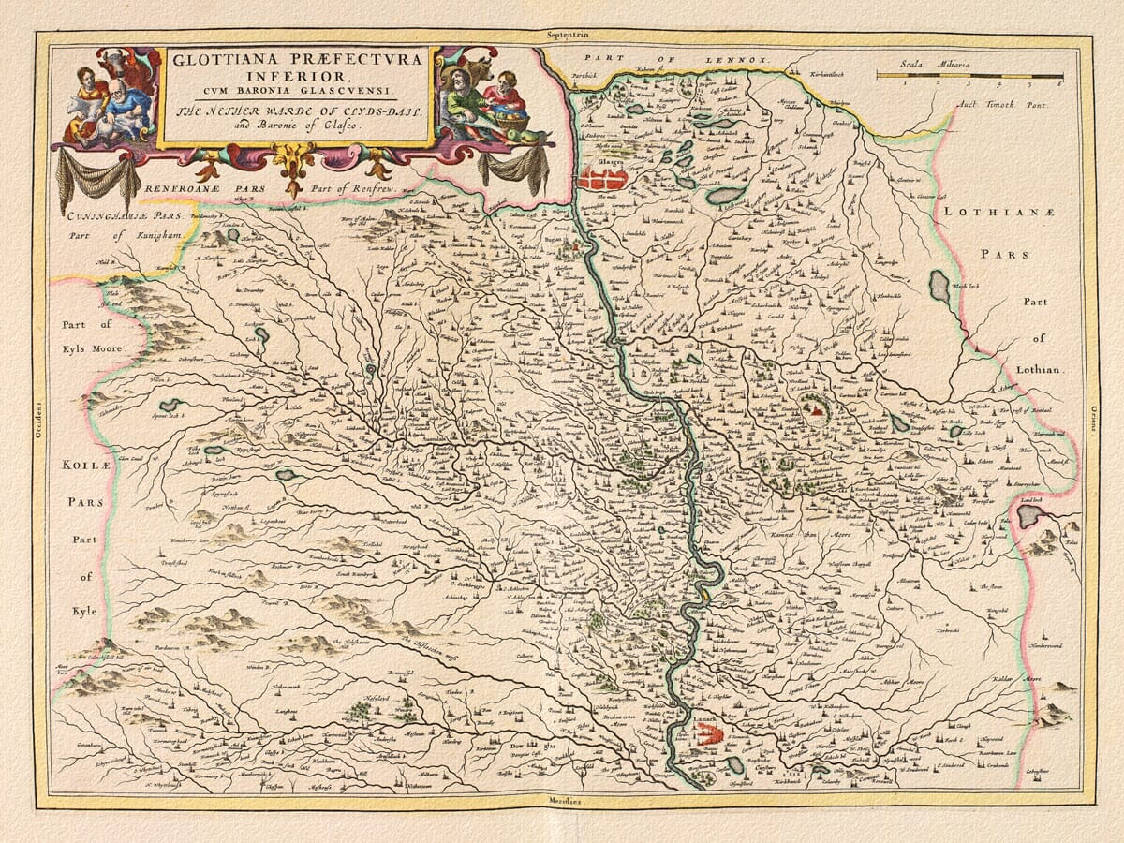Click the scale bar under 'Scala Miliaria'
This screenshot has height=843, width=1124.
(969, 75)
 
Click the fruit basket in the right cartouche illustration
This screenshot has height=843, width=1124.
(510, 121)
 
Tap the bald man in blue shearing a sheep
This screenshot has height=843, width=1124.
(126, 103)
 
